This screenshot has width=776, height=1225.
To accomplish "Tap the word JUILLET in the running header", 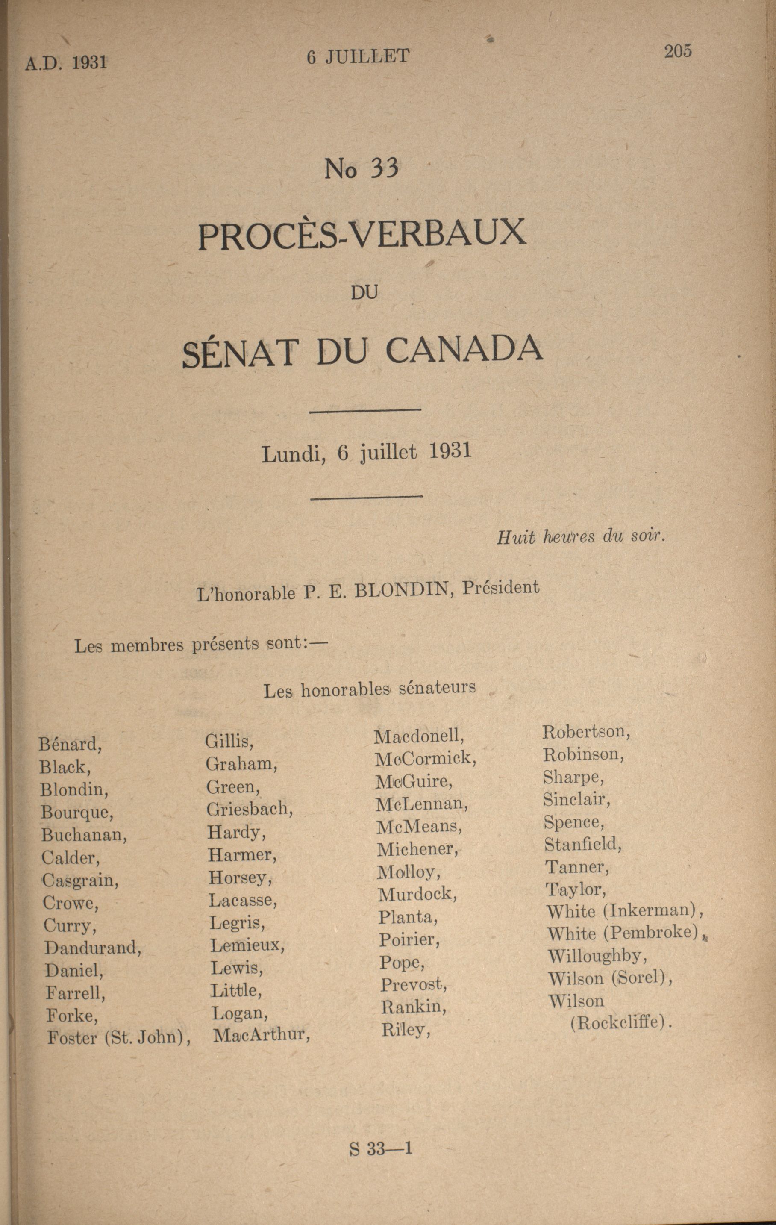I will click(367, 56).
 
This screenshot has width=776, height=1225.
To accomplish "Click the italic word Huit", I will click(515, 538).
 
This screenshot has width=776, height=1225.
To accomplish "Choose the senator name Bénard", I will click(70, 745).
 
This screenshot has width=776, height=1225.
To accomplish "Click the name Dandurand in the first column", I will click(93, 947).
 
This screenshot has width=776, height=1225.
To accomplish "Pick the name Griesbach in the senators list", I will click(249, 809).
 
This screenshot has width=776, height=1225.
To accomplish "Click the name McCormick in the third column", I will click(426, 759).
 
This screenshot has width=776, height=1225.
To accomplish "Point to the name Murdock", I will click(417, 893).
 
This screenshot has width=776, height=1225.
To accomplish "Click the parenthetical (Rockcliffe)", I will click(621, 1022).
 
